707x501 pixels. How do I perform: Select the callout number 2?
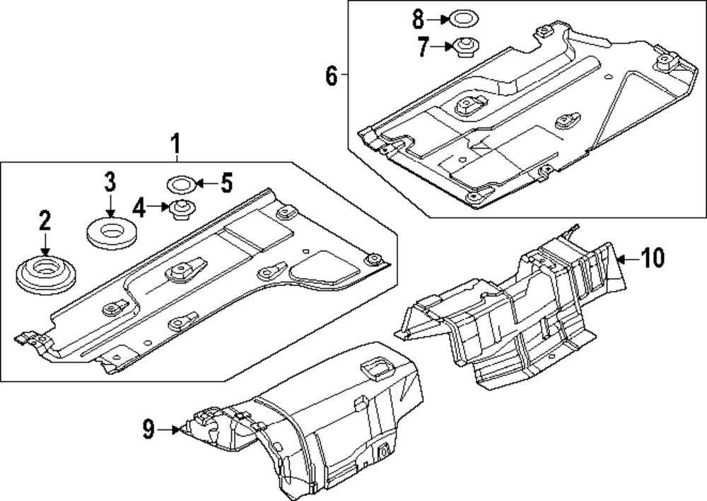coord(45,221)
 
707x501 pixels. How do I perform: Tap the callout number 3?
coord(110,182)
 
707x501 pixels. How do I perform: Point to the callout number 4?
coord(139,208)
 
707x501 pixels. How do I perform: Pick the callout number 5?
coord(226,184)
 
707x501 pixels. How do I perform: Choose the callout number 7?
coord(422,47)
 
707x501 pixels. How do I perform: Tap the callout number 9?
coord(148,429)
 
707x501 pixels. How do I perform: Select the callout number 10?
coord(653,259)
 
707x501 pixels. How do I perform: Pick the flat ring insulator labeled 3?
coord(112,231)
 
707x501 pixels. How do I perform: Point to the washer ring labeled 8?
coord(462,18)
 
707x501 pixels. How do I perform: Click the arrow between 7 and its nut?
coord(443,47)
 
